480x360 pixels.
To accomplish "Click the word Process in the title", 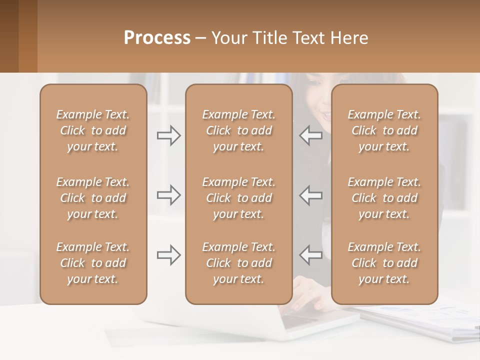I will tap(157, 38).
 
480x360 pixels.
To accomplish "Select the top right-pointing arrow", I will tap(169, 135).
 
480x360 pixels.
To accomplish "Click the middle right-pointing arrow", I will tap(169, 195).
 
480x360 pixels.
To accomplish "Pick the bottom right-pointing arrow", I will tap(169, 255).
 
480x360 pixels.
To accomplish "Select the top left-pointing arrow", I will tap(310, 135).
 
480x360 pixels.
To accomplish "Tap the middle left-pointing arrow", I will tap(310, 195).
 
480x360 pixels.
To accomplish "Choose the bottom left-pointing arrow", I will tap(310, 255).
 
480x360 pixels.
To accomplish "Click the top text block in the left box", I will tap(93, 130).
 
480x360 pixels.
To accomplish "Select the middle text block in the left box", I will tap(93, 198).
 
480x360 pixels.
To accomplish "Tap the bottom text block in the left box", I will tap(93, 263).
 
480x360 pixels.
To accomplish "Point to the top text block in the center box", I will tap(238, 130).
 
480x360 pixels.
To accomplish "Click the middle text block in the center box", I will tap(238, 198).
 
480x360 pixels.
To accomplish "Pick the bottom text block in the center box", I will tap(238, 263).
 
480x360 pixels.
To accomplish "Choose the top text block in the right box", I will tap(384, 130).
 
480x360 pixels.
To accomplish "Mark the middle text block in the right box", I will tap(384, 198).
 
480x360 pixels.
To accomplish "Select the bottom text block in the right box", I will tap(384, 263).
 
